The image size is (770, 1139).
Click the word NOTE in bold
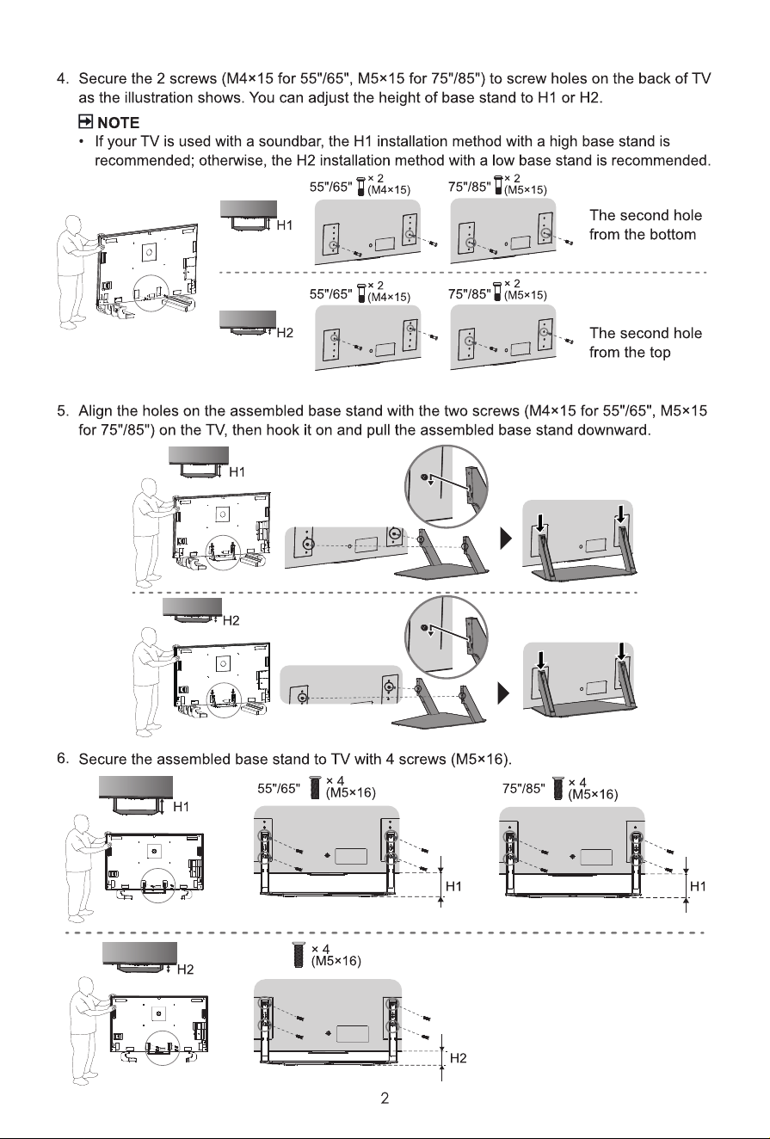coord(118,123)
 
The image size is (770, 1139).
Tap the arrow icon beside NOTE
coord(85,122)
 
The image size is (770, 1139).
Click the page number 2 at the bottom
coord(385,1099)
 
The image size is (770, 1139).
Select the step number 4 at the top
coord(63,79)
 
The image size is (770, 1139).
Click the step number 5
coord(63,411)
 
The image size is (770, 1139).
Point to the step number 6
coord(63,759)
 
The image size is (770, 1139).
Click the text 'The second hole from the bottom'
coord(645,225)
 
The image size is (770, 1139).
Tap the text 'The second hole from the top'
coord(645,342)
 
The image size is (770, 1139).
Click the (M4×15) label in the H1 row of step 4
coord(389,190)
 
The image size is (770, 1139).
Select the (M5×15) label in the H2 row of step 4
coord(526,295)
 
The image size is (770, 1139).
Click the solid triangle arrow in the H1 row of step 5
coord(506,539)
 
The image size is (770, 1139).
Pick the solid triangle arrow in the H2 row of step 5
coord(503,693)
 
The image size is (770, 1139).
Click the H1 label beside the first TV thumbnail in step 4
coord(285,225)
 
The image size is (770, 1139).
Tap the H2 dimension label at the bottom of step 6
coord(459,1058)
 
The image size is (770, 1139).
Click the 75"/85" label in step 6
coord(523,789)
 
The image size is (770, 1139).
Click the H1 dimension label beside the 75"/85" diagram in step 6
coord(698,887)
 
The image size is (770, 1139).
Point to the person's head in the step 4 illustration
coord(74,223)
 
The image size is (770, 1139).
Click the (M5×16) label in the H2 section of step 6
coord(336,961)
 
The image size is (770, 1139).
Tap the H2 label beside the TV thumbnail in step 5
coord(231,620)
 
